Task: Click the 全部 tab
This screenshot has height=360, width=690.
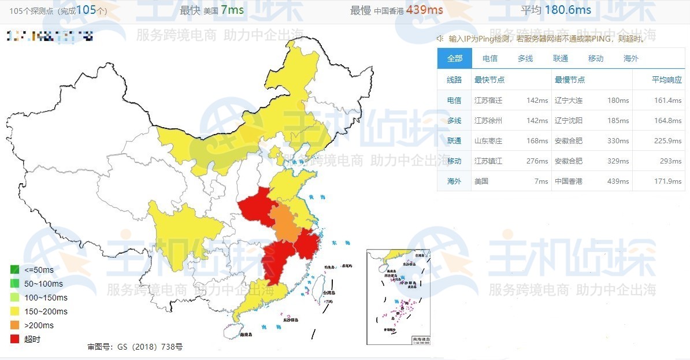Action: click(455, 58)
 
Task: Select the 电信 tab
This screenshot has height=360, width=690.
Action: click(490, 58)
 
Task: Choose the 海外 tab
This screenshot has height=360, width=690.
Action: click(631, 58)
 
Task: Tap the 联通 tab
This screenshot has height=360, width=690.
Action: click(561, 58)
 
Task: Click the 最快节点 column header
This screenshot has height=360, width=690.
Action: click(489, 80)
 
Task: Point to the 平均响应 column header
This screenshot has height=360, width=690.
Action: click(667, 80)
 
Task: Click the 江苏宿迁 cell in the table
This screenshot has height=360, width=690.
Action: click(488, 101)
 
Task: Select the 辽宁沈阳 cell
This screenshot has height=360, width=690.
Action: click(569, 121)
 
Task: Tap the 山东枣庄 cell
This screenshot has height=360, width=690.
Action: click(488, 141)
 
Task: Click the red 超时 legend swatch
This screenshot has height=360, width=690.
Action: click(15, 339)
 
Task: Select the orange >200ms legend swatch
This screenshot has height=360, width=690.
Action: click(15, 325)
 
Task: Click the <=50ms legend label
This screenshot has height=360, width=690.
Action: click(39, 270)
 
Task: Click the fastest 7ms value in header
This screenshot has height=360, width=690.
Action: click(232, 10)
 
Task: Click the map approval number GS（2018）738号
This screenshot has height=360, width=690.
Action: click(135, 347)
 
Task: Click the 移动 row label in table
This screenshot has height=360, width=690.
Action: click(454, 161)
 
